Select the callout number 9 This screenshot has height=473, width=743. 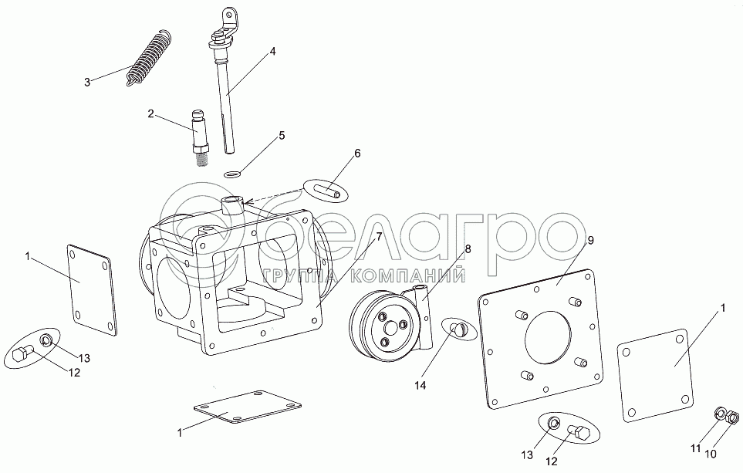click(x=590, y=241)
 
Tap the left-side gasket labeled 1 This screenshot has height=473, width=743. click(x=91, y=289)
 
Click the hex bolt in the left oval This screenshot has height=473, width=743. click(x=22, y=354)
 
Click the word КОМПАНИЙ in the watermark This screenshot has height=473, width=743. click(x=424, y=275)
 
